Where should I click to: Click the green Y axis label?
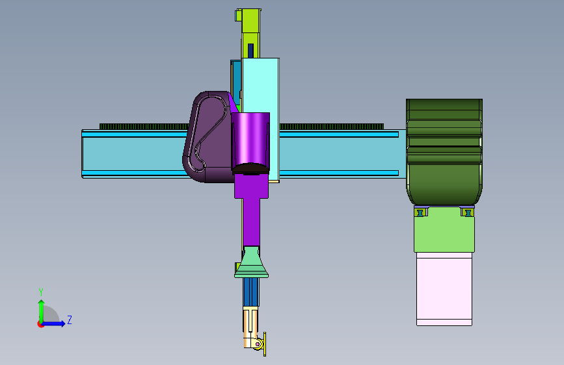point(41,292)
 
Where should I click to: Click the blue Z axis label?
point(70,320)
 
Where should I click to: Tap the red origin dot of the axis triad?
point(40,324)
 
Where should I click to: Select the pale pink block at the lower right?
point(444,289)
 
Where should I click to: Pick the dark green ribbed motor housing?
point(444,152)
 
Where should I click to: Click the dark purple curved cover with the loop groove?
point(207,136)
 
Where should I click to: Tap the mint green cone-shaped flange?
point(252,262)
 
